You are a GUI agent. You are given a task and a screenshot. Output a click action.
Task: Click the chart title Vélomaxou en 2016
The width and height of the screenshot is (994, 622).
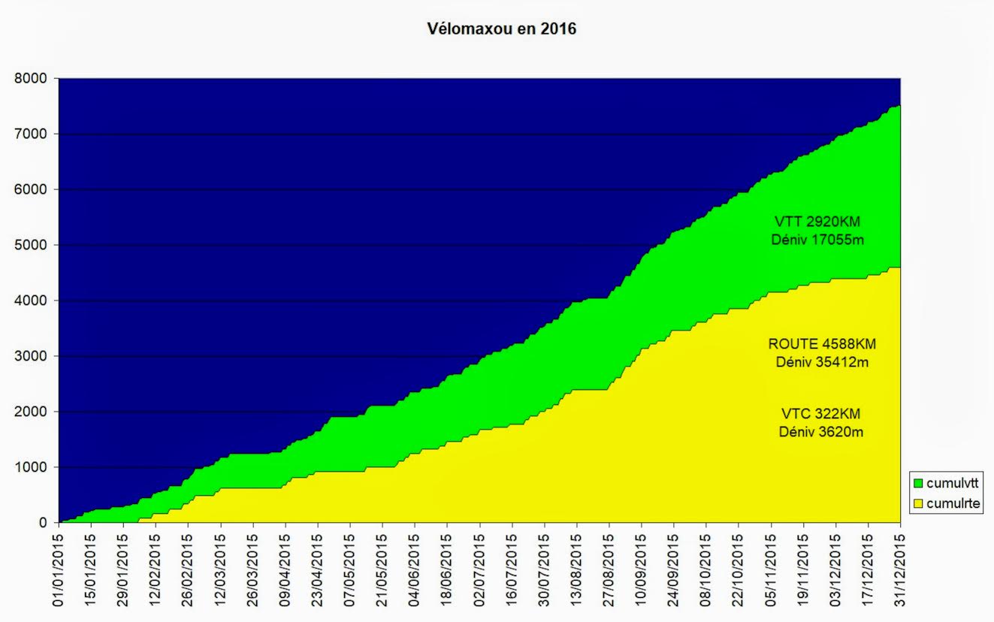pos(502,30)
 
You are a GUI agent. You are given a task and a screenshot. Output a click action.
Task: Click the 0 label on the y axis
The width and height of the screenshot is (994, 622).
pos(44,523)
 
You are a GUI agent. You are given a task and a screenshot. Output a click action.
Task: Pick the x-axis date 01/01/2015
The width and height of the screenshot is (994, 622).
pos(59,568)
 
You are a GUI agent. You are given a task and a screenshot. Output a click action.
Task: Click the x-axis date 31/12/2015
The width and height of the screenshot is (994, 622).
pos(900,568)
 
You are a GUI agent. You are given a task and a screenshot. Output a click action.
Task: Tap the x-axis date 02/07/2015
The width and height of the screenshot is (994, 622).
pos(479,568)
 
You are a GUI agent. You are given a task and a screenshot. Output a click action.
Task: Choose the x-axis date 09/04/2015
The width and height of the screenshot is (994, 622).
pos(286,568)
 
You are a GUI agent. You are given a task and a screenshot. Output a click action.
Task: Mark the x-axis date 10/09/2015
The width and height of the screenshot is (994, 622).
pos(642,568)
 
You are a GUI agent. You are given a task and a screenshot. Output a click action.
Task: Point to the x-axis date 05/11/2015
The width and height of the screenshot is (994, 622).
pos(771,568)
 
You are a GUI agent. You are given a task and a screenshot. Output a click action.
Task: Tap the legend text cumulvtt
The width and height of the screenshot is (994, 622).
pos(953,482)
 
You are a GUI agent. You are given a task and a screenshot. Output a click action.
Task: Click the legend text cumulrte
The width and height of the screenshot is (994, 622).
pos(952,503)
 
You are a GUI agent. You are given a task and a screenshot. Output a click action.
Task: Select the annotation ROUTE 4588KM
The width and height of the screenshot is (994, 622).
pos(822,344)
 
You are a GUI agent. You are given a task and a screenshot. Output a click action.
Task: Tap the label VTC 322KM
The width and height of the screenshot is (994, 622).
pos(822,414)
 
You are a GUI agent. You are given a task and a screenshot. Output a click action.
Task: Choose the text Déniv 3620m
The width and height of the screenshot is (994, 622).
pos(822,432)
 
